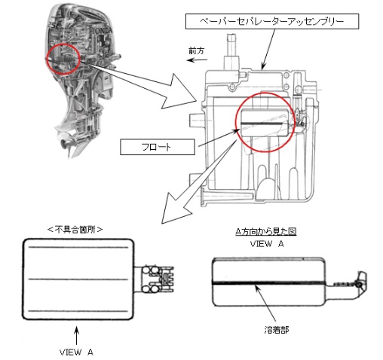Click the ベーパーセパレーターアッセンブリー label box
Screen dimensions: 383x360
coord(272,21)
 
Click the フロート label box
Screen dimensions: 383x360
coord(158,147)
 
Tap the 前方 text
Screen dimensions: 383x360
coord(196,51)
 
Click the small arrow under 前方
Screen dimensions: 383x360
coord(197,60)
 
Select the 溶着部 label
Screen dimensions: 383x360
coord(277,330)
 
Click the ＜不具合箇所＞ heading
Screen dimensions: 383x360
coord(75,230)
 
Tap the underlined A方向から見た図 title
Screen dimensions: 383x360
coord(266,231)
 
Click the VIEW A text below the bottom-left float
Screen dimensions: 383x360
coord(76,352)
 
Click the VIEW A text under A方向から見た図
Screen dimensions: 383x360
coord(267,244)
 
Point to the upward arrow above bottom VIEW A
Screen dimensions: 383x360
coord(77,336)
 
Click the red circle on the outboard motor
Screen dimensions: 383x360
coord(63,59)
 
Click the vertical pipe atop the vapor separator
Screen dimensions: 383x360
coord(232,52)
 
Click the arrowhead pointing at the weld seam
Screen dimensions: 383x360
coord(256,288)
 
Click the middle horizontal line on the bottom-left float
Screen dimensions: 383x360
coord(78,279)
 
